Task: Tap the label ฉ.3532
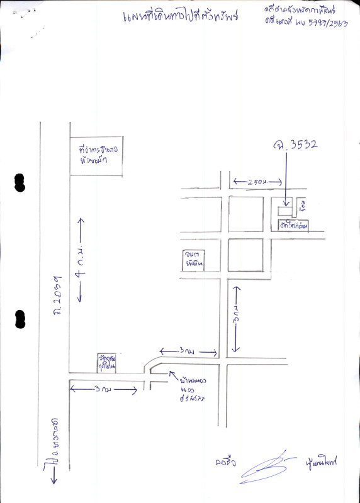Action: coord(295,146)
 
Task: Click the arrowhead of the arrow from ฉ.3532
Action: coord(286,203)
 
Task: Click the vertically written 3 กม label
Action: coord(235,318)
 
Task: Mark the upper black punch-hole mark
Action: coord(20,182)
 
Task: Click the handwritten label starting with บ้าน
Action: coord(191,389)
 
